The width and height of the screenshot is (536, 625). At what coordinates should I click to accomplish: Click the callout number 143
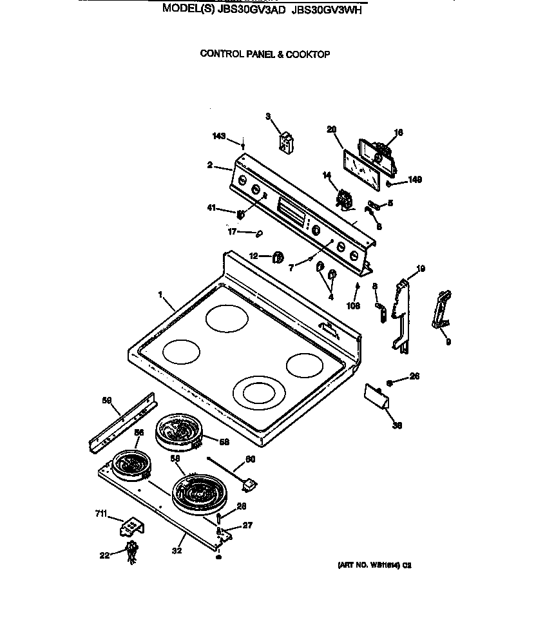coord(219,136)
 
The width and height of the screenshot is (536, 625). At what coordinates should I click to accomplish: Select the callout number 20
coord(332,130)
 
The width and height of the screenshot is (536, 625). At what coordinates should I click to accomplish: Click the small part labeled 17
coord(259,233)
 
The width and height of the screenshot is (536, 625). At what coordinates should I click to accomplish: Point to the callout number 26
coord(414,376)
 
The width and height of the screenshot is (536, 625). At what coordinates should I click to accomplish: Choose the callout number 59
coord(107,401)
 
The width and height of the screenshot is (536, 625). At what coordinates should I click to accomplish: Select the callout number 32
coord(177,550)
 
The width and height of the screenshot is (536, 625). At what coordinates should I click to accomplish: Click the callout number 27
coord(245,526)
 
